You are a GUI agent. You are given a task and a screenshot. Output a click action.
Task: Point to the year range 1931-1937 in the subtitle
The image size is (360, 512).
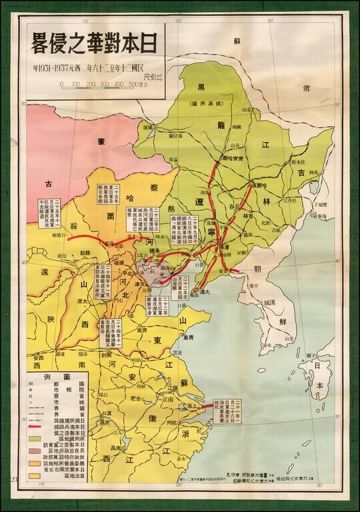tap(56, 69)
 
